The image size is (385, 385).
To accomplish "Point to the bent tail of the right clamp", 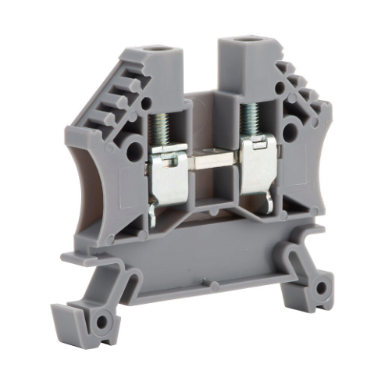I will [269, 205].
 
